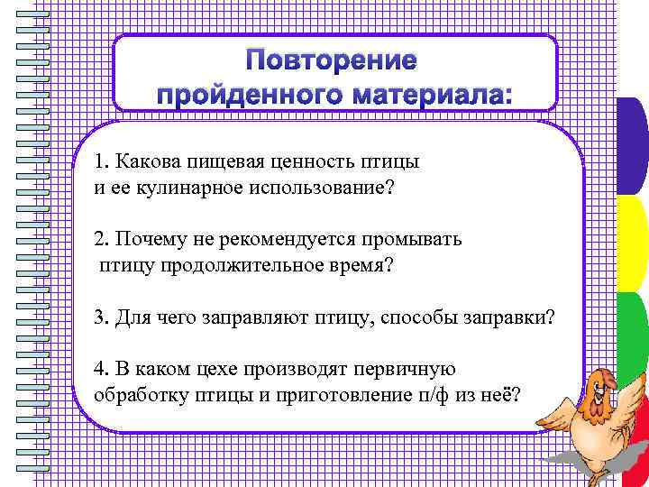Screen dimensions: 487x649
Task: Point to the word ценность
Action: click(306, 163)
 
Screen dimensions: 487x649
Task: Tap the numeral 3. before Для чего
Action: click(100, 318)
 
